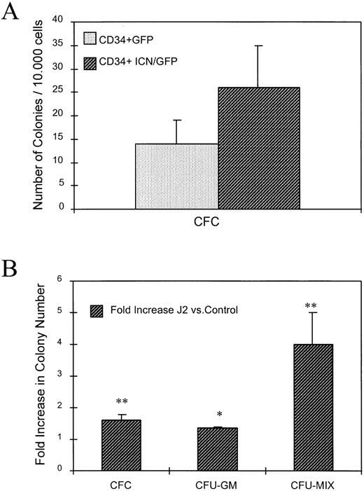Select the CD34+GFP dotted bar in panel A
[176, 176]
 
